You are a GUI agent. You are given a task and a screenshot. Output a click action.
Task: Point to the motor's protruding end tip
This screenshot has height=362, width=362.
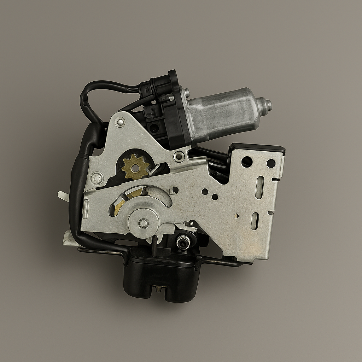(x=268, y=105)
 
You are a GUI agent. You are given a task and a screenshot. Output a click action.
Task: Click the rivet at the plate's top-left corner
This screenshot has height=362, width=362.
(x=121, y=122)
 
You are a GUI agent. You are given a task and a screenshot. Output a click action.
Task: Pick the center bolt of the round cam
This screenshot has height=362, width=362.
(x=143, y=223)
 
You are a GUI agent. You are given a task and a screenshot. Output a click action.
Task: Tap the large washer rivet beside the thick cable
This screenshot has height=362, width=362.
(x=97, y=178)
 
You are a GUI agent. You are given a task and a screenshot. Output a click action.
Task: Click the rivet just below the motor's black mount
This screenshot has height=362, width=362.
(x=179, y=156)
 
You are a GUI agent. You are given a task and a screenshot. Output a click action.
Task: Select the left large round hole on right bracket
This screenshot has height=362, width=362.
(x=247, y=162)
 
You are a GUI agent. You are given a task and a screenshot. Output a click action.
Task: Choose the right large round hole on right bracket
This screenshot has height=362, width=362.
(x=271, y=163)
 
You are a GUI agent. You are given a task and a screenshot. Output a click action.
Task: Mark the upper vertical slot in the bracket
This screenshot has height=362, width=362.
(x=259, y=187)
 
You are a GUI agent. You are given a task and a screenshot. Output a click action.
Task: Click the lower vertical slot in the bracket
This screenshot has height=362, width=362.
(x=255, y=221)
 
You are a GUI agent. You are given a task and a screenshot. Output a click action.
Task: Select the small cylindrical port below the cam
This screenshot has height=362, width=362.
(x=183, y=243)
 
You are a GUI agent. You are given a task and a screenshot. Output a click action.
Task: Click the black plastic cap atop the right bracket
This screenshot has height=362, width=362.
(x=258, y=147)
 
